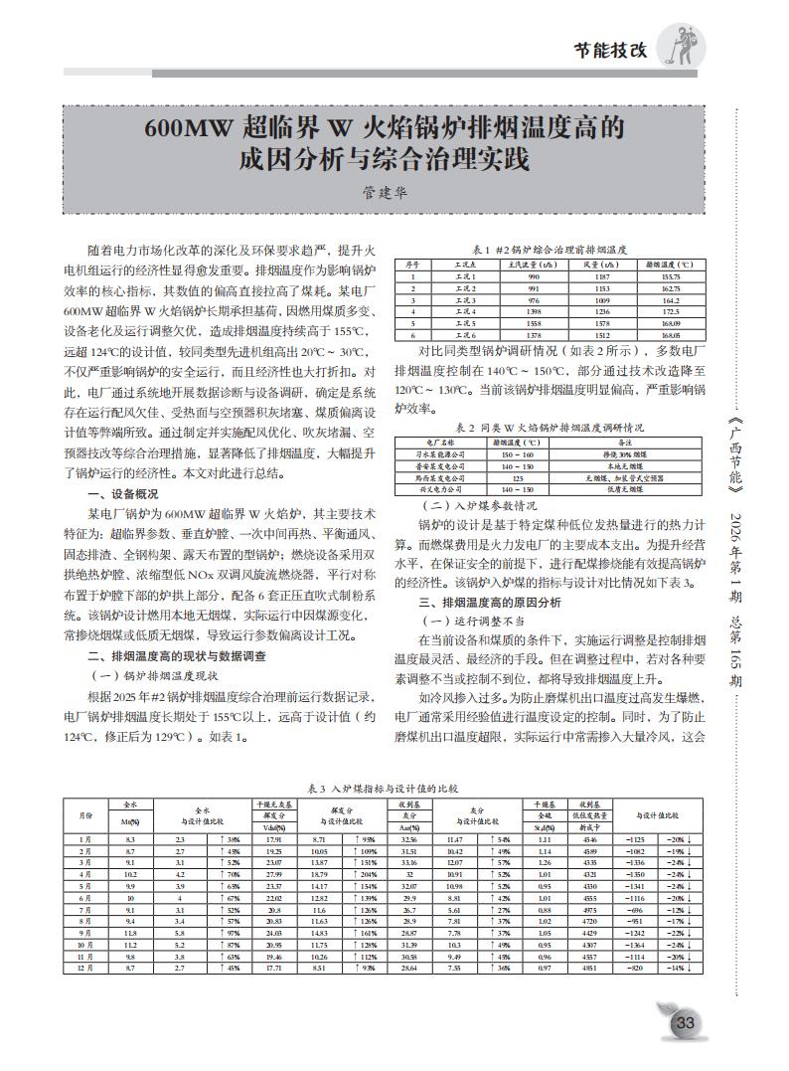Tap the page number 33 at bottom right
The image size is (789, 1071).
click(685, 1022)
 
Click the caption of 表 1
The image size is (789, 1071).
click(549, 249)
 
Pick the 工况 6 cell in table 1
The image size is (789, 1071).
click(466, 335)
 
